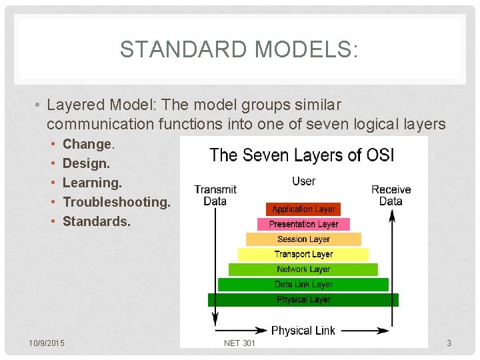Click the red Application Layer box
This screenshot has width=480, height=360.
(x=303, y=209)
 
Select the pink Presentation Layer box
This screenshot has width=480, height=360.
(x=303, y=225)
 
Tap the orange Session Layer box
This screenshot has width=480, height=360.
(x=303, y=239)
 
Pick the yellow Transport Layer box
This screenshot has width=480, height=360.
(x=303, y=254)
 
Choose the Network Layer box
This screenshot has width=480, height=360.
(x=303, y=269)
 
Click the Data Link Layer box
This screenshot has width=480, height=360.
(x=303, y=285)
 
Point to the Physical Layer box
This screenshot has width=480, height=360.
(x=303, y=300)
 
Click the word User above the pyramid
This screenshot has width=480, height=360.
(x=304, y=181)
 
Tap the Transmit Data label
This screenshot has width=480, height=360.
(x=215, y=195)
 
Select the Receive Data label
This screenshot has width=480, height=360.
(x=391, y=195)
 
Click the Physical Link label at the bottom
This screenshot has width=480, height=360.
(x=303, y=331)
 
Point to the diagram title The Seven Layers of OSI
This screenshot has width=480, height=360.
(x=302, y=155)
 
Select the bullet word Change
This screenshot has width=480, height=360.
(x=88, y=144)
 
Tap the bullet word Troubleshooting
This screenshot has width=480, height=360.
(x=116, y=202)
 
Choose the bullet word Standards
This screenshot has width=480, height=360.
(x=96, y=221)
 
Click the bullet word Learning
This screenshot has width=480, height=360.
(x=92, y=183)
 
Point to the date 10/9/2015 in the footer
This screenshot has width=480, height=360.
(x=47, y=343)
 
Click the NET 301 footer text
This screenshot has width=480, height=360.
(x=239, y=343)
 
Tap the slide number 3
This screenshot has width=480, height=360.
(x=449, y=343)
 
